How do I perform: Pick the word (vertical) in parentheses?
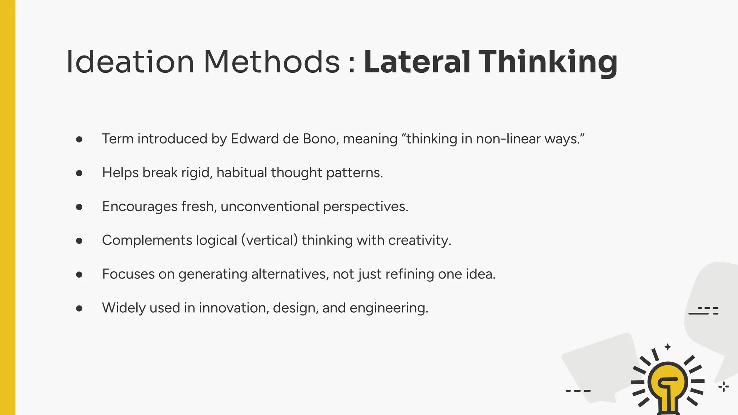(269, 240)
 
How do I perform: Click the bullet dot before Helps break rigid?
(79, 173)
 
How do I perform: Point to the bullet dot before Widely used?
(79, 308)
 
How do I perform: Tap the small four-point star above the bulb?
(668, 347)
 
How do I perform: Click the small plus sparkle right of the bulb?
(724, 387)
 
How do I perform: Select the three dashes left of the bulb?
(578, 391)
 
